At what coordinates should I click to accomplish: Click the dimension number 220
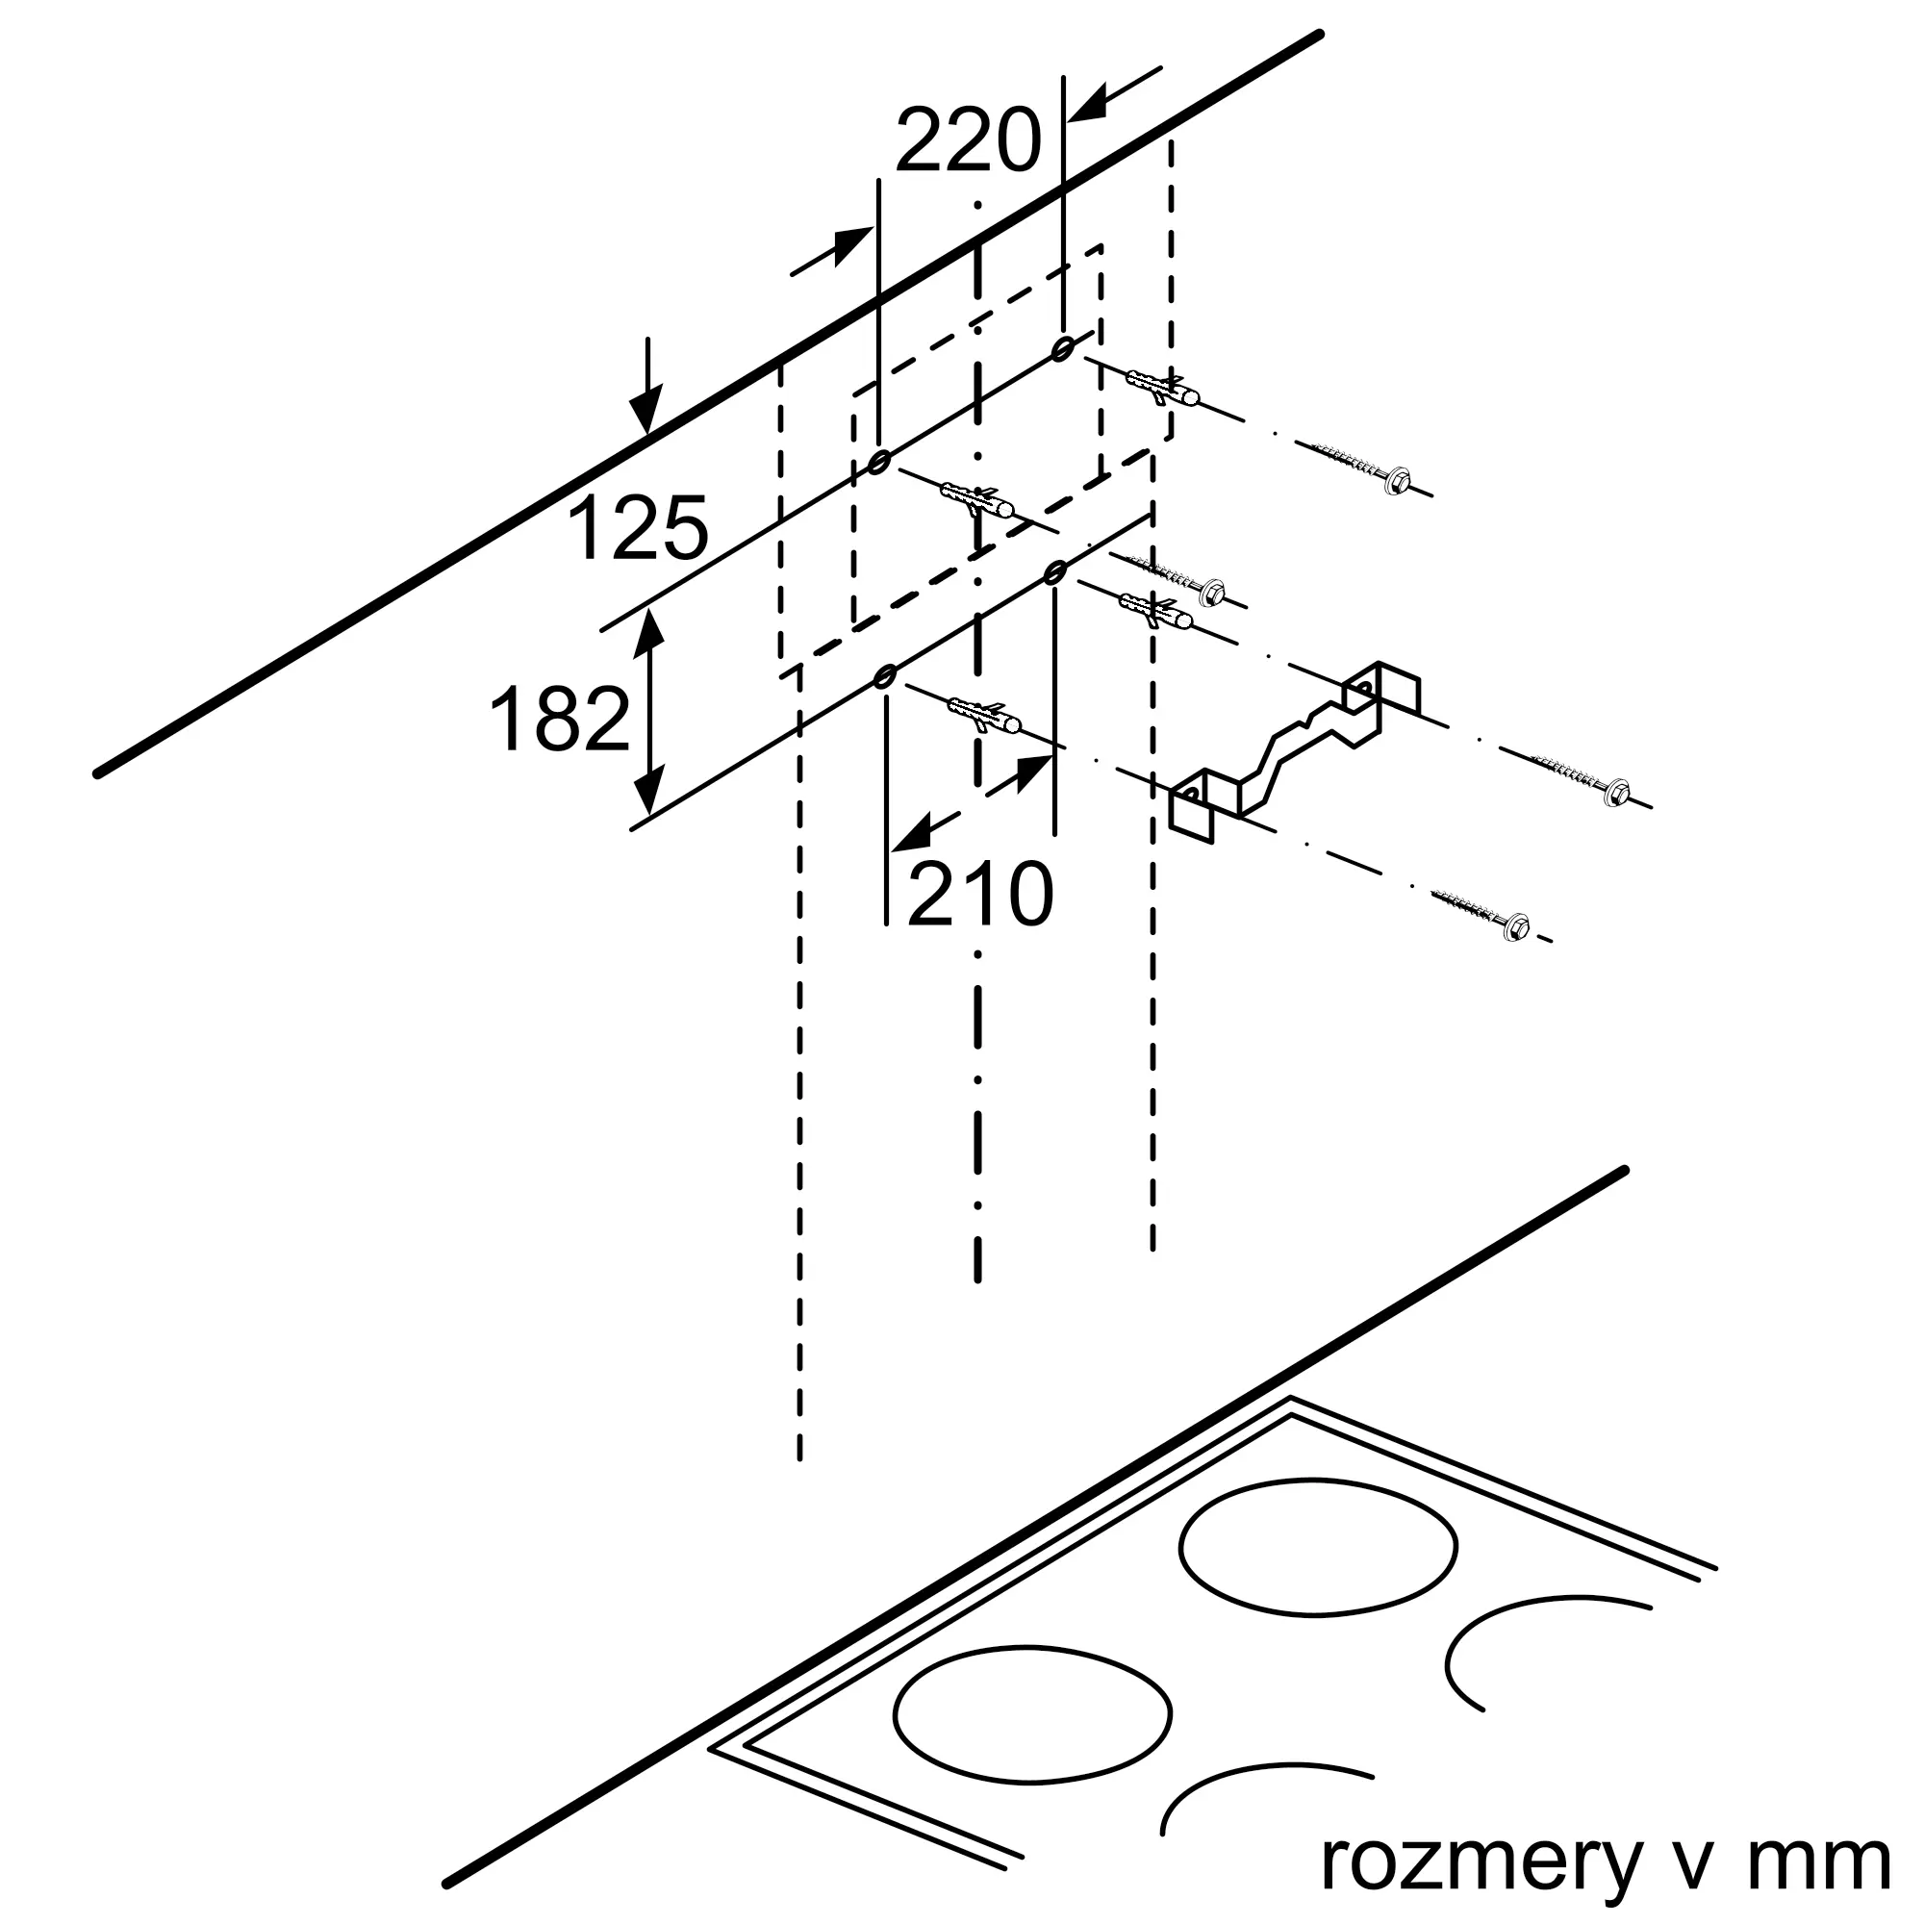point(967,142)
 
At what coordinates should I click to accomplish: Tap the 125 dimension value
point(638,529)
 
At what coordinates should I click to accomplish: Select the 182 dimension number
point(561,719)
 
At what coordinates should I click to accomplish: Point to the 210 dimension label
point(980,895)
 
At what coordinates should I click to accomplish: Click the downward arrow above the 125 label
point(647,389)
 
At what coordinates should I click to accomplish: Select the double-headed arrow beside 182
point(649,712)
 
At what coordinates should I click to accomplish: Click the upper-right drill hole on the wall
point(1063,346)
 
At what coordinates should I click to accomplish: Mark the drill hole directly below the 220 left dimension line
point(878,462)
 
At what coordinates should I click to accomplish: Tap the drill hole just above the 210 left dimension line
point(883,677)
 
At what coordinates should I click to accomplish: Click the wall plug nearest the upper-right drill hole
point(1162,388)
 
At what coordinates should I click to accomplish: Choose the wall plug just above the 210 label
point(986,715)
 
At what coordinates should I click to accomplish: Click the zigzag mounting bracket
point(1295,741)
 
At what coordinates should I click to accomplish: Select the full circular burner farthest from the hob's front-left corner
point(1318,1547)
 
